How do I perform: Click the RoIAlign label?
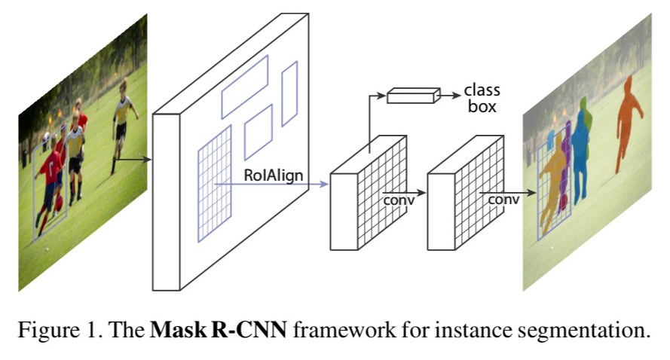(274, 175)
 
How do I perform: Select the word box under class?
(482, 107)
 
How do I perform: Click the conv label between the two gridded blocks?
(399, 200)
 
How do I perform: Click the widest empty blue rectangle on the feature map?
(244, 87)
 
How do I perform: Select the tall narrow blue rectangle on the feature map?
(289, 93)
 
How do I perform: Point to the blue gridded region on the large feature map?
(213, 183)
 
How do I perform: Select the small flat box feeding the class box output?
(412, 95)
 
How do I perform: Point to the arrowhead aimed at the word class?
(456, 95)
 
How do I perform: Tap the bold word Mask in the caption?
(176, 331)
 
